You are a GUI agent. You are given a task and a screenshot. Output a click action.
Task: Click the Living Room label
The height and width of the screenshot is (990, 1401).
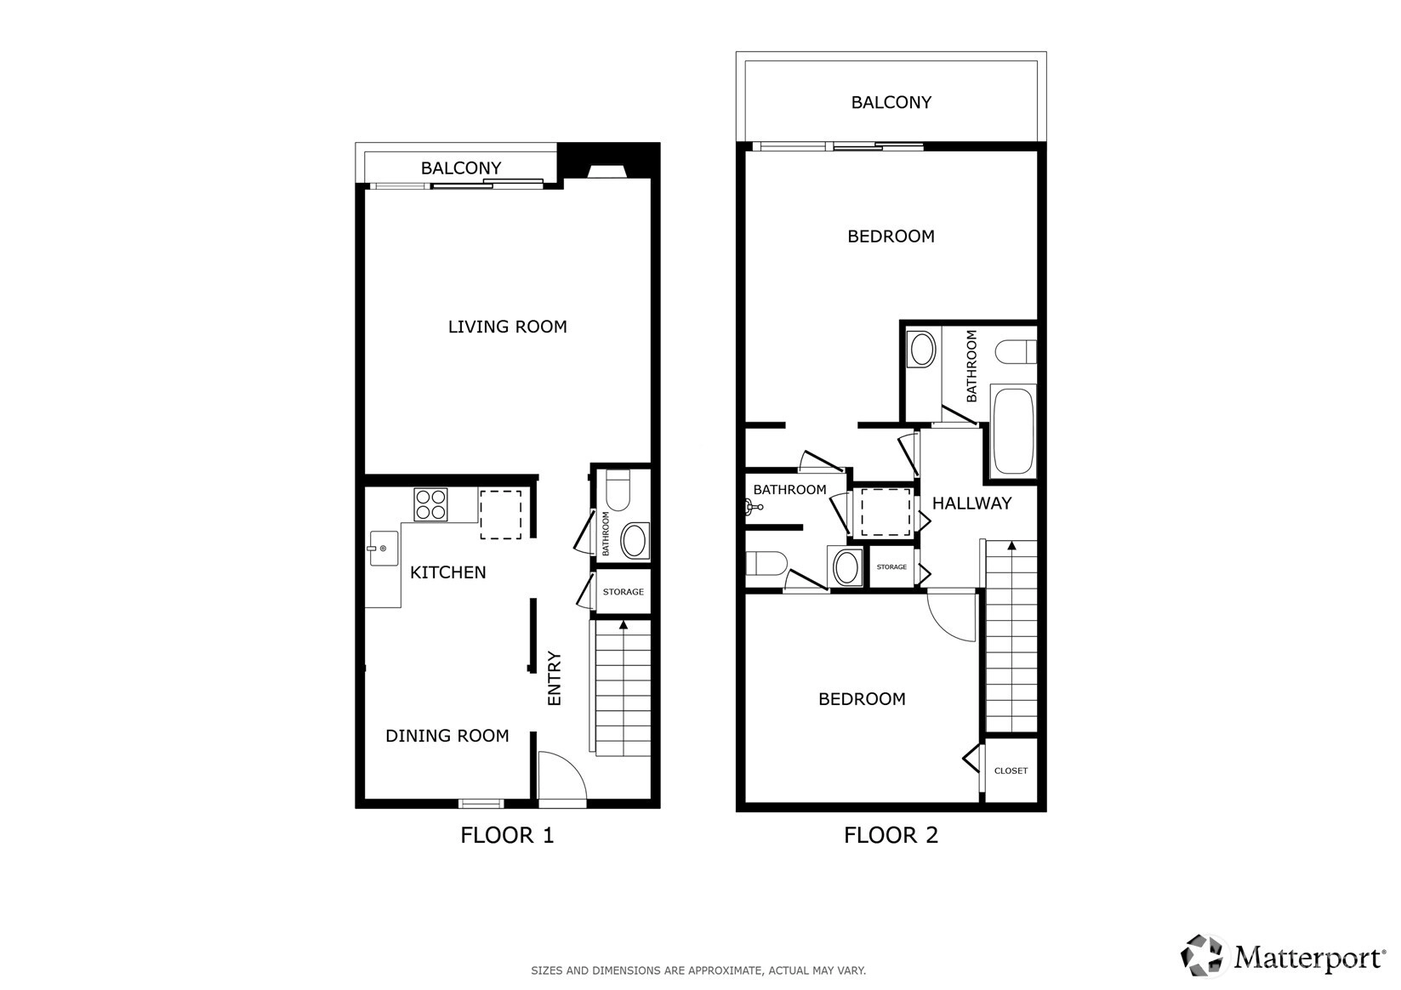tap(507, 327)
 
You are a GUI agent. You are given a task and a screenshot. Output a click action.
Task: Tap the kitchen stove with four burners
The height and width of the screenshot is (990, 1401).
tap(430, 504)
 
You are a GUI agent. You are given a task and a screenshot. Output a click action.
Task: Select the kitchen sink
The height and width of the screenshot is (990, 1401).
tap(383, 549)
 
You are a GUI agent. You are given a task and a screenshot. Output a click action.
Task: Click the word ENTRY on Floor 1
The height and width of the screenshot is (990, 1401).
tap(554, 679)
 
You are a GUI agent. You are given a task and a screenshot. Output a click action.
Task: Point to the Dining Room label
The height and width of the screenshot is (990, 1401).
tap(447, 736)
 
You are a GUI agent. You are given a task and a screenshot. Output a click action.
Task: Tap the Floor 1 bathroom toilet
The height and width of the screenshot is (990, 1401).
tap(618, 490)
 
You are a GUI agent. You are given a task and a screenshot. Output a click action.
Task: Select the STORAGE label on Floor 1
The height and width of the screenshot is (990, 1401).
tap(623, 592)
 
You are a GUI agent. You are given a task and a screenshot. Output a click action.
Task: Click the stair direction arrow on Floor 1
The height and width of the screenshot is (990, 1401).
tap(623, 625)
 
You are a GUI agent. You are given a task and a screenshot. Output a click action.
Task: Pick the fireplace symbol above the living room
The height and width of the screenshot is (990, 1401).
tap(607, 171)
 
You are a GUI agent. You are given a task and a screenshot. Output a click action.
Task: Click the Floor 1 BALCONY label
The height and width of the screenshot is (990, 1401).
tap(461, 168)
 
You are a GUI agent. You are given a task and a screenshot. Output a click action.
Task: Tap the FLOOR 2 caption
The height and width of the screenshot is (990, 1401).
tap(891, 835)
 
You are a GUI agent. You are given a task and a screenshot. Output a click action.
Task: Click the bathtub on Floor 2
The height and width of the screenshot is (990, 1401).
tap(1013, 431)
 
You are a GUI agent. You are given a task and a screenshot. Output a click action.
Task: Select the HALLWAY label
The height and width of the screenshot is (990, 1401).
tap(972, 504)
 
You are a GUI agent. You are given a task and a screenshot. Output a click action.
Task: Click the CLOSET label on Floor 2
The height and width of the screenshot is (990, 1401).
tap(1011, 771)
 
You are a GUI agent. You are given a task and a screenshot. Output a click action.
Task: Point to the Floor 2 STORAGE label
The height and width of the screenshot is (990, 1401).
tap(891, 567)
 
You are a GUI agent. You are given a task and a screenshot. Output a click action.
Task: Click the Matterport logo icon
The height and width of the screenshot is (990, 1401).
tap(1201, 955)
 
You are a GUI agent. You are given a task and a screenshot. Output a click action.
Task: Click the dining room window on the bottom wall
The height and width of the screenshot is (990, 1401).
tap(481, 804)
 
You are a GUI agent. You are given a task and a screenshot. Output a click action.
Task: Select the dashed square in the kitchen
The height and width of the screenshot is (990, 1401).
tap(500, 515)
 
